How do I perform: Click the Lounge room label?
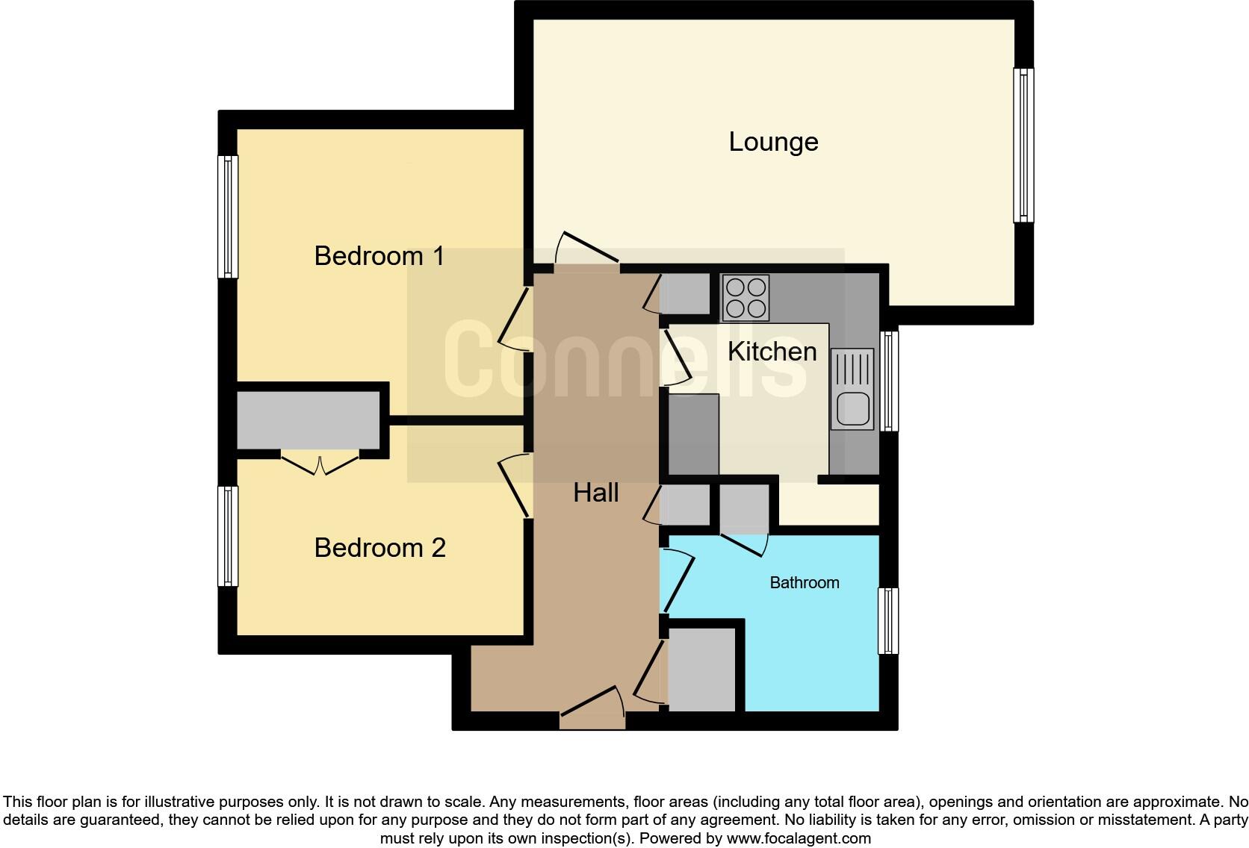pos(773,142)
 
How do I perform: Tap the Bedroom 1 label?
pos(379,256)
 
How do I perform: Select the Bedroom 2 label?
pos(379,548)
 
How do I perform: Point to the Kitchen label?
pos(772,352)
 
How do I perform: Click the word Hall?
pos(595,493)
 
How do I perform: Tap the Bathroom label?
pos(805,583)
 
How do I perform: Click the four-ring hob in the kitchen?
pos(746,298)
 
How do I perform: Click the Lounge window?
pos(1023,146)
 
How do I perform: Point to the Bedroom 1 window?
pos(228,216)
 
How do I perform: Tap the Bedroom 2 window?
pos(228,536)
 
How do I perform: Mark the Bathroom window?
pos(888,620)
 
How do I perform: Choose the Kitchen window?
pos(889,381)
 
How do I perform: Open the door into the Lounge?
pos(586,250)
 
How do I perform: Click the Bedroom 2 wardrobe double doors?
pos(320,464)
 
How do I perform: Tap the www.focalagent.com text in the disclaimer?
pos(798,838)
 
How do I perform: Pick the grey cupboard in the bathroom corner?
pos(701,670)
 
